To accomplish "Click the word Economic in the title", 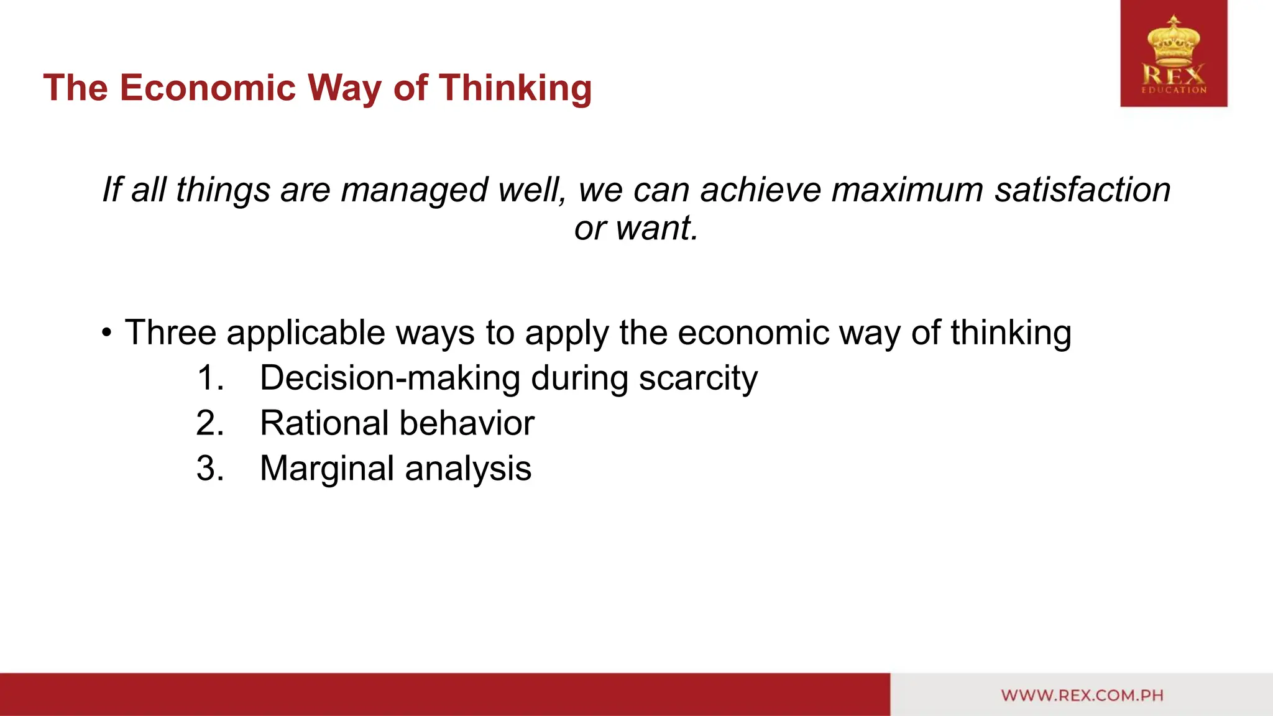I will pos(208,88).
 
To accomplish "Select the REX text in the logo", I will pos(1174,76).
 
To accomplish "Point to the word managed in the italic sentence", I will pos(414,190).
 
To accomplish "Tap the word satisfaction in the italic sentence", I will pos(1082,190).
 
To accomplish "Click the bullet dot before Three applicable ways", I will pos(108,333).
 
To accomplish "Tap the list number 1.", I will pos(210,378).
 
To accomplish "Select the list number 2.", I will pos(210,423).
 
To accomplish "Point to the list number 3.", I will pos(210,469).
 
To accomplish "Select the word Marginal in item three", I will pos(327,469).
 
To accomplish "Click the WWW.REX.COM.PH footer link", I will pos(1082,695).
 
